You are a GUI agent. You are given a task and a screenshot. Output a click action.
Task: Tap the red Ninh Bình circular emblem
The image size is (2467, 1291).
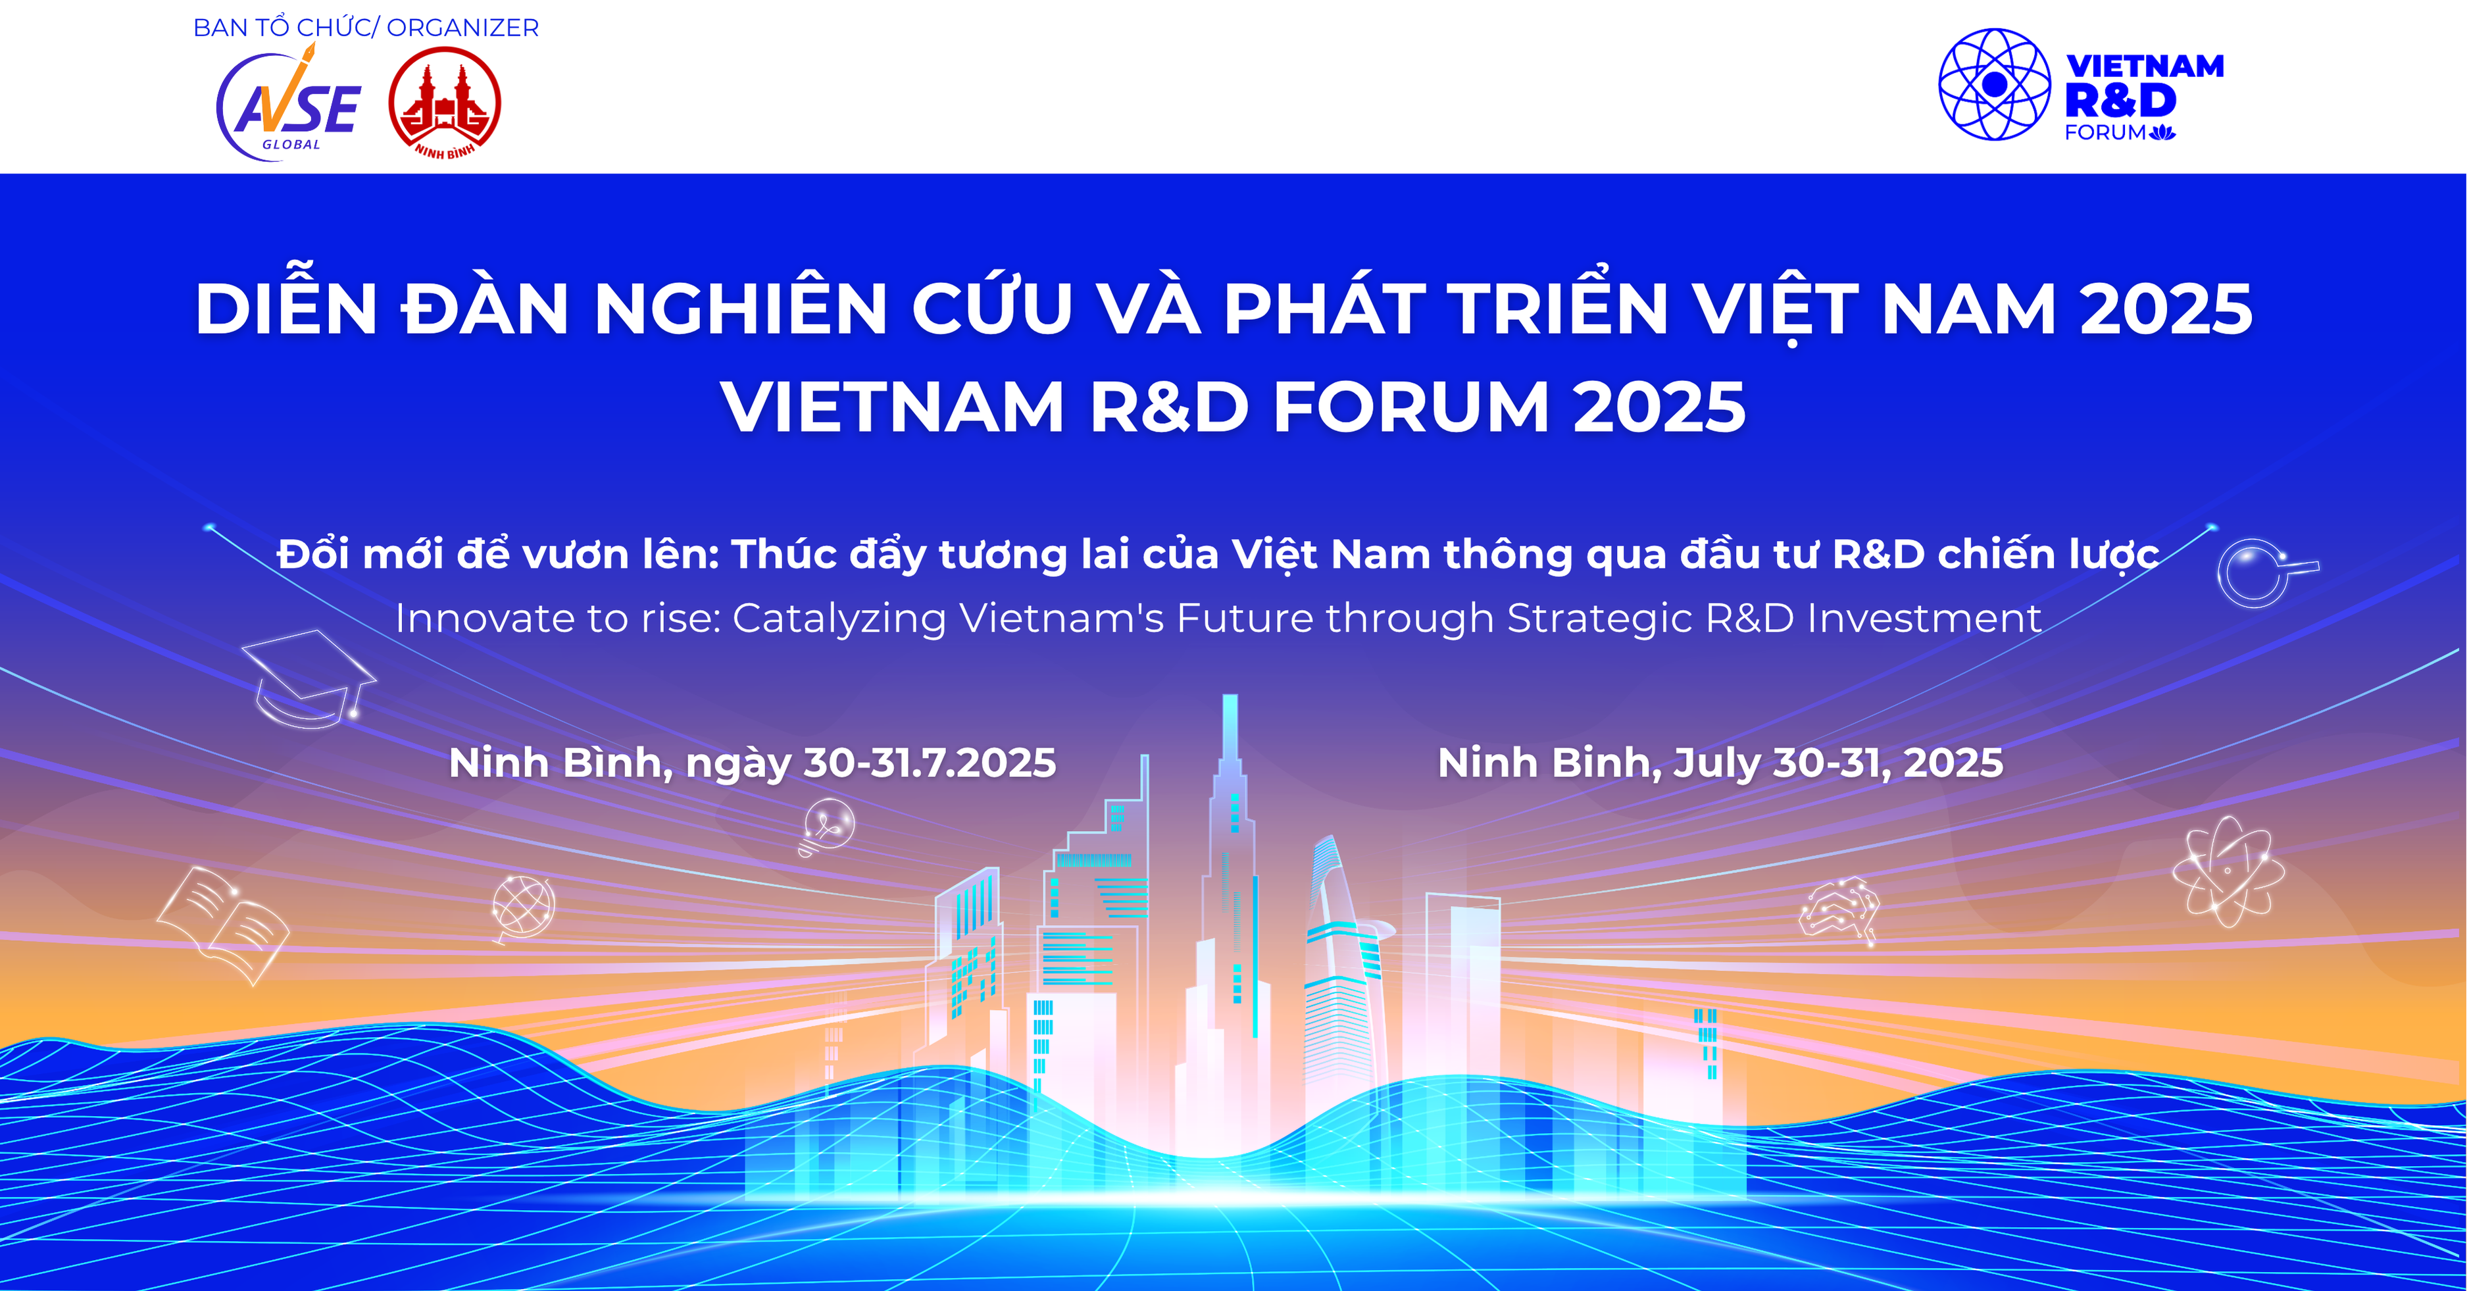point(444,103)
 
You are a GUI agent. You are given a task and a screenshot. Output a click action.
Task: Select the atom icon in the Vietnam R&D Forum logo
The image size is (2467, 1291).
point(1994,84)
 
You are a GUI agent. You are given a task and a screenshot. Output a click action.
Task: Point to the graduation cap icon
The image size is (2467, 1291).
point(307,678)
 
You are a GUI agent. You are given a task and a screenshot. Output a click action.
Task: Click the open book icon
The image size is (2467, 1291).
point(223,923)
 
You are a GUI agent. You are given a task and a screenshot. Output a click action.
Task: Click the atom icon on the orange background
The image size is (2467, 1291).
point(2228,871)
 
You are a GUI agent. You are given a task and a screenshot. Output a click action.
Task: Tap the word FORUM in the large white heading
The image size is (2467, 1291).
point(1410,407)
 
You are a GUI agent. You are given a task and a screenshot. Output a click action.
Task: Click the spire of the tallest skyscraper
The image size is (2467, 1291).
point(1231,728)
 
